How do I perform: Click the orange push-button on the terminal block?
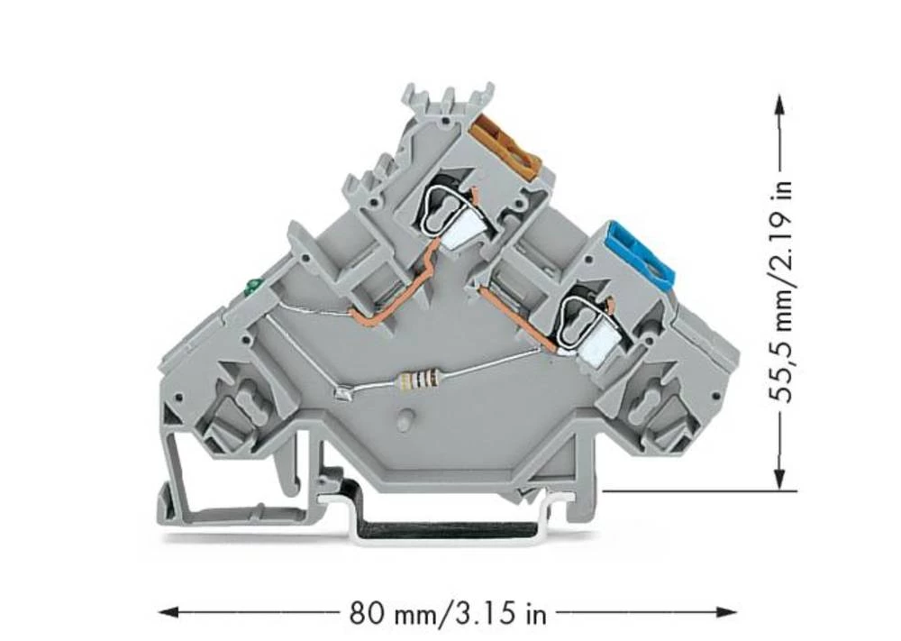click(x=506, y=145)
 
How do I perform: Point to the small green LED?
click(x=251, y=288)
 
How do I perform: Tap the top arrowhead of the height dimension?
click(x=780, y=101)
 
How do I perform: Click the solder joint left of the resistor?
click(x=342, y=392)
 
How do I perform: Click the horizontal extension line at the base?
click(x=694, y=491)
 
